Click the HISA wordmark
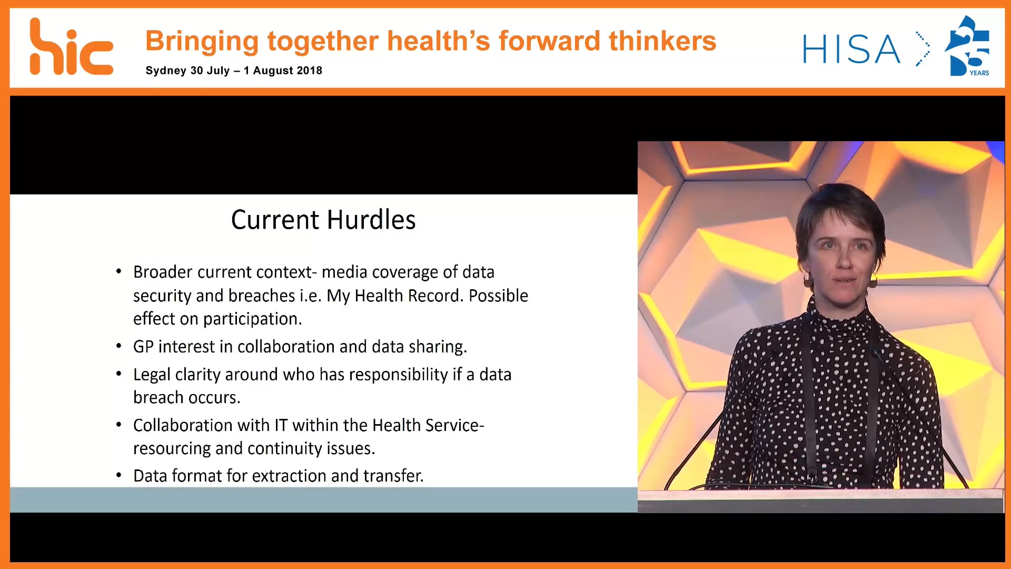coord(851,50)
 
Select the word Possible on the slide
coord(498,296)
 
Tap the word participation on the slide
coord(252,319)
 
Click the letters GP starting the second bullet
coord(143,347)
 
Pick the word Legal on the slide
coord(152,375)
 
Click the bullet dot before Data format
coord(119,475)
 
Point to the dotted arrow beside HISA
coord(922,49)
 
